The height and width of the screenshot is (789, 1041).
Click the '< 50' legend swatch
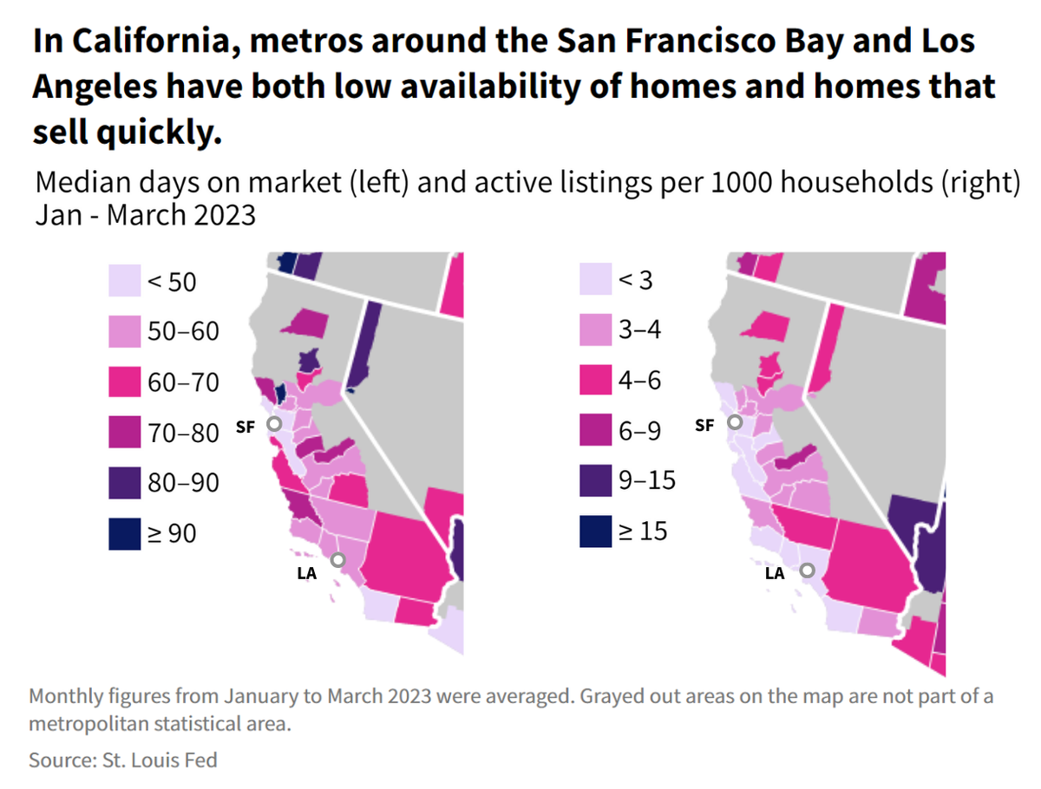coord(124,282)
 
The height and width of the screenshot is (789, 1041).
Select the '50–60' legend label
coord(183,332)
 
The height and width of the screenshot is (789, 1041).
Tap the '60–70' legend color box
coord(124,382)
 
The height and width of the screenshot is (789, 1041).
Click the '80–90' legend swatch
coord(124,484)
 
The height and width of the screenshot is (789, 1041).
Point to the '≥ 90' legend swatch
coord(124,534)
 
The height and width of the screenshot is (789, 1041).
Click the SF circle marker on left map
coord(274,424)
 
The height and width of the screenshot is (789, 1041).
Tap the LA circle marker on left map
coord(337,560)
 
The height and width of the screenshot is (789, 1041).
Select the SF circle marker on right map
coord(735,422)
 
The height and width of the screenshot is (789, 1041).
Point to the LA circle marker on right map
coord(808,571)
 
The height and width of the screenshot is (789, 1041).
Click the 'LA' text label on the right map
coord(774,573)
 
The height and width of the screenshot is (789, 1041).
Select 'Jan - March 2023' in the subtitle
coord(145,214)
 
